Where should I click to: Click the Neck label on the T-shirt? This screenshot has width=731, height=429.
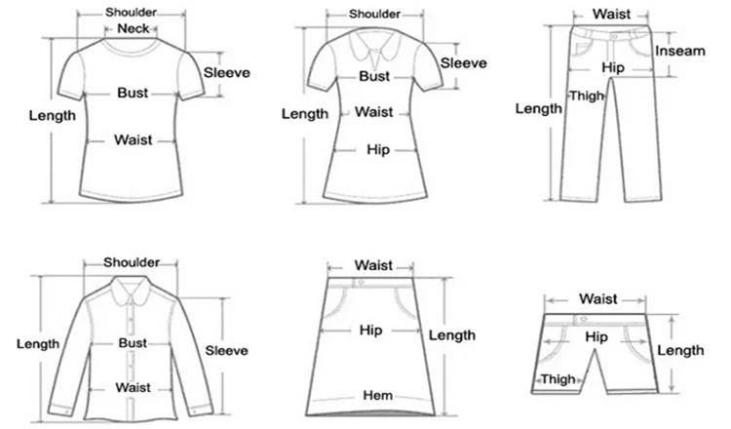pyautogui.click(x=132, y=30)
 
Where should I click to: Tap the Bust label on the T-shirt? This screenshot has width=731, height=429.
pyautogui.click(x=133, y=93)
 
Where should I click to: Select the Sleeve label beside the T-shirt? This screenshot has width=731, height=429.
pyautogui.click(x=226, y=72)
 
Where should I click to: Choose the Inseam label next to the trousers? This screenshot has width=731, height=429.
pyautogui.click(x=679, y=51)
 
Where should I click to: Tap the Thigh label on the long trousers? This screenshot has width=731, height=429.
pyautogui.click(x=588, y=95)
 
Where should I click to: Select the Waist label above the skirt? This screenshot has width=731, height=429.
pyautogui.click(x=373, y=264)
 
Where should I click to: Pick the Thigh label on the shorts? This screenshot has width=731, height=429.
pyautogui.click(x=558, y=379)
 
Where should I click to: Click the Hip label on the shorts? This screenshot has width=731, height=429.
pyautogui.click(x=596, y=336)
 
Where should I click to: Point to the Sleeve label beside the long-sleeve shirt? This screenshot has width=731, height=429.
pyautogui.click(x=226, y=350)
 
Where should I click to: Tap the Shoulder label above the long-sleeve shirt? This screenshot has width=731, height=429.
pyautogui.click(x=132, y=262)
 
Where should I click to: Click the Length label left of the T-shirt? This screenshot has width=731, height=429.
pyautogui.click(x=52, y=115)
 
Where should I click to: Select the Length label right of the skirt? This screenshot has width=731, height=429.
pyautogui.click(x=453, y=335)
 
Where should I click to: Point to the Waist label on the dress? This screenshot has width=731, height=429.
pyautogui.click(x=373, y=112)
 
